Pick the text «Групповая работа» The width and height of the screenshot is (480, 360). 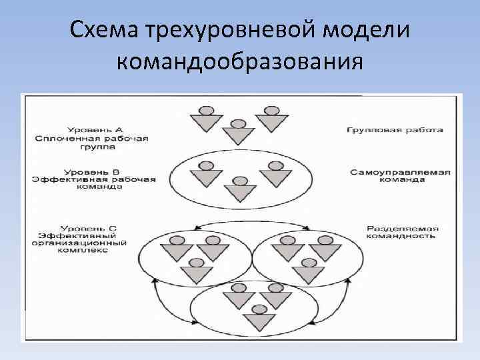[395, 129]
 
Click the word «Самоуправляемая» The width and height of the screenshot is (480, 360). [400, 172]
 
